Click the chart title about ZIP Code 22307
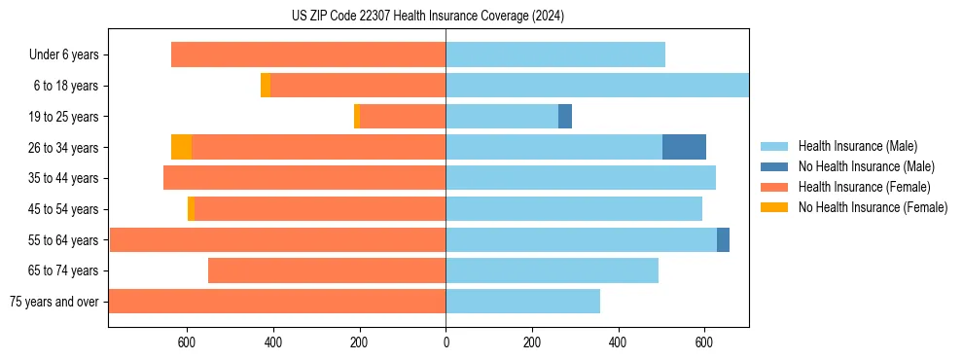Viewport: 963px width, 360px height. pyautogui.click(x=428, y=16)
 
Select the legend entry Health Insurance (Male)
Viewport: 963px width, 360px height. pyautogui.click(x=856, y=146)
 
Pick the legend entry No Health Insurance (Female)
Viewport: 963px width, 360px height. pyautogui.click(x=873, y=207)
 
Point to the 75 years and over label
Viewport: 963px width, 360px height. pyautogui.click(x=53, y=302)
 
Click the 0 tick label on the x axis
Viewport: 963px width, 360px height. pyautogui.click(x=446, y=342)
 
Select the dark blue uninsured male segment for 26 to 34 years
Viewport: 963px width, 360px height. pyautogui.click(x=684, y=147)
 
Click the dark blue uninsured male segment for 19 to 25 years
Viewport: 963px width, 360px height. pyautogui.click(x=565, y=117)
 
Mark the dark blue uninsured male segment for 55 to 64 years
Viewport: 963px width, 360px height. pyautogui.click(x=723, y=240)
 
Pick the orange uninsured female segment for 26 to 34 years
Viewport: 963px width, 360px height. pyautogui.click(x=181, y=147)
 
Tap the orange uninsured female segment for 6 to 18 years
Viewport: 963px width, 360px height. pyautogui.click(x=266, y=86)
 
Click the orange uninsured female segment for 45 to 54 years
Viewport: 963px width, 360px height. pyautogui.click(x=191, y=209)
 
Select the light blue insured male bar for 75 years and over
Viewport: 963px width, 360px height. pyautogui.click(x=522, y=302)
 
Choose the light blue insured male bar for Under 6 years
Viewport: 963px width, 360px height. pyautogui.click(x=555, y=54)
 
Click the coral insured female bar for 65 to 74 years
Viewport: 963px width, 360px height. pyautogui.click(x=327, y=270)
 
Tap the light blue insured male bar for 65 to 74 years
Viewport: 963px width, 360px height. pyautogui.click(x=552, y=270)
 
